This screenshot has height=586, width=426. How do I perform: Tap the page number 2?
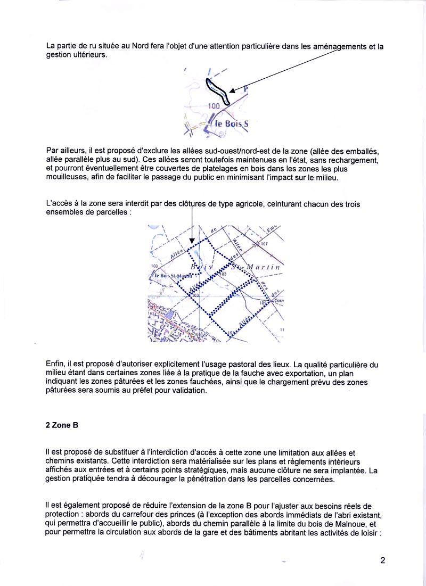[382, 560]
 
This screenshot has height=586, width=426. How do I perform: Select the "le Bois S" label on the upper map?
[231, 123]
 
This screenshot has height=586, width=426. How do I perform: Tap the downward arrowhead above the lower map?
[192, 241]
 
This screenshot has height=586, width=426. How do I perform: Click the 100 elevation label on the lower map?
[154, 266]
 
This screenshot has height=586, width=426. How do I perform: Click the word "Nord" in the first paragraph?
[132, 46]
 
